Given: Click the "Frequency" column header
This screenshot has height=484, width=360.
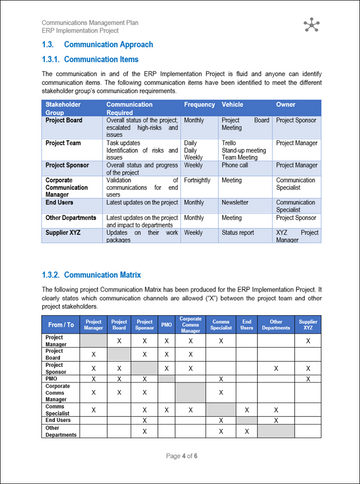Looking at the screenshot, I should (x=200, y=104).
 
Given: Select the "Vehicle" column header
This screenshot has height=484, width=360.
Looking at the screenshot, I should (x=232, y=104).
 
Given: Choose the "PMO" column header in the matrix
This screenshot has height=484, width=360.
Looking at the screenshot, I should (x=167, y=325).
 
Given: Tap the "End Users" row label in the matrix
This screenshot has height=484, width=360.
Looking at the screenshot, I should (x=59, y=420).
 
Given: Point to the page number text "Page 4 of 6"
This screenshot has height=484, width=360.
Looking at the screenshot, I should (x=180, y=455).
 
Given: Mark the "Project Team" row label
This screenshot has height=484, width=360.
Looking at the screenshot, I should (x=67, y=143).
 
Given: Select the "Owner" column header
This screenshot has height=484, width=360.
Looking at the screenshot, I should (x=286, y=104).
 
